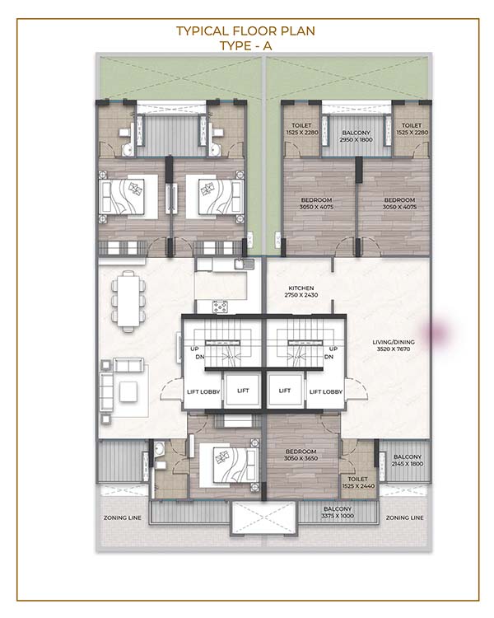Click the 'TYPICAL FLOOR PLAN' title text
245,30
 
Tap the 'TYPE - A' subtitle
246,45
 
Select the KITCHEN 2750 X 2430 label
301,292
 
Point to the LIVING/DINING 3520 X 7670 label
394,345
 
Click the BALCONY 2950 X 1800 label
357,136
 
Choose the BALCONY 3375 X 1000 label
338,513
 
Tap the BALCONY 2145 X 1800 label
408,461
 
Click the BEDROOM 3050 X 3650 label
301,455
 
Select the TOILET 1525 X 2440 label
358,482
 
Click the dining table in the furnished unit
128,301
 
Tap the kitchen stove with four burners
220,307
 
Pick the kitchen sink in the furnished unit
245,264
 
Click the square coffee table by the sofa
128,391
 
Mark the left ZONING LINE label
122,517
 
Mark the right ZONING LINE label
404,517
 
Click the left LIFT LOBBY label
203,391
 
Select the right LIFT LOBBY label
326,391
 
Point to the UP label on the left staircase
194,349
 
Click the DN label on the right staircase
329,357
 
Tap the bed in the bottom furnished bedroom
225,465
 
